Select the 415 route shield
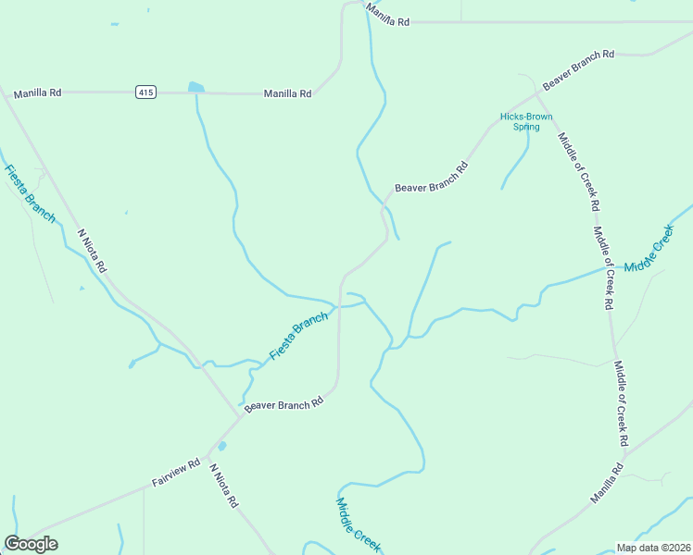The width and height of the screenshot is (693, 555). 145,92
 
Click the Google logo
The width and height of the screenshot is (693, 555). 31,544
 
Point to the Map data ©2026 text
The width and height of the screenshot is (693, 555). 652,548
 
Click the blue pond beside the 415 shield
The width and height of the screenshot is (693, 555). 195,88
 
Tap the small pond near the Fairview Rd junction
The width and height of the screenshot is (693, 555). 221,446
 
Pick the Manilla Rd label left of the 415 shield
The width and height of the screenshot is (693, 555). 38,93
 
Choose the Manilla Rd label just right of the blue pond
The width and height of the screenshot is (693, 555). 287,93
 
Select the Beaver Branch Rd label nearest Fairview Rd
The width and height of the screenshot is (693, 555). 283,404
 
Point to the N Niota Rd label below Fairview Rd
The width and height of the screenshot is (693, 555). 223,487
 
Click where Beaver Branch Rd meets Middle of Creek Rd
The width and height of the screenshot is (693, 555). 539,92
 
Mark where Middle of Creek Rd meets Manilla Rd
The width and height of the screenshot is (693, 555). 624,454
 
